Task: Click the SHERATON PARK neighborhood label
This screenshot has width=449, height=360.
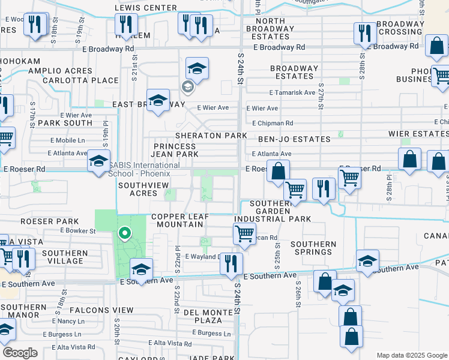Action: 211,136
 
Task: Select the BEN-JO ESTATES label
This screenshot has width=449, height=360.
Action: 294,139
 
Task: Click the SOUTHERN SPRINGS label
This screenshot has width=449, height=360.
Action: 313,248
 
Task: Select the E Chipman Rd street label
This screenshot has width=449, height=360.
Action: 273,123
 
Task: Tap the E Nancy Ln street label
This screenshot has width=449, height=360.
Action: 67,322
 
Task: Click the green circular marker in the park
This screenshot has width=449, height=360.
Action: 125,233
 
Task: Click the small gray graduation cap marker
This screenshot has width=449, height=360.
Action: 187,88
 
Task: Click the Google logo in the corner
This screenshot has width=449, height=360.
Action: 20,353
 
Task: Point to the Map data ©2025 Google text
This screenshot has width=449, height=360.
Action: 411,355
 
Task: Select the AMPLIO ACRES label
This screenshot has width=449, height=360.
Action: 60,71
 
